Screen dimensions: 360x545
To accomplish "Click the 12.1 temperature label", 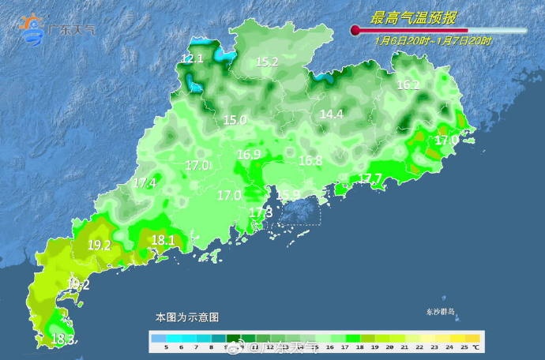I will coord(192,58).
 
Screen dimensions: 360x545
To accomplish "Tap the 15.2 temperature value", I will coord(267,62).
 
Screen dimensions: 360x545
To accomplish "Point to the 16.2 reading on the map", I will coord(408,85).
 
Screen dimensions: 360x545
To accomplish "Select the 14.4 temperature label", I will coord(331,114).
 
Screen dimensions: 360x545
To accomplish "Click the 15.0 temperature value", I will coord(235,121).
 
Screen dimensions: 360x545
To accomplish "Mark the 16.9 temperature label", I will coord(249,155).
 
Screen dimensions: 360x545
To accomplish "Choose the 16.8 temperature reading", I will coord(310,160).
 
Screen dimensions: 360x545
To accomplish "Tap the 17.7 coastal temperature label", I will coord(370,178).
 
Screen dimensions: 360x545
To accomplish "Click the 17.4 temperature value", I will coord(145,183).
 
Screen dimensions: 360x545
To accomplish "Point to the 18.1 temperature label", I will coord(163,240).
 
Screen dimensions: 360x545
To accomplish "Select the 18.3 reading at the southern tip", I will coord(63,340).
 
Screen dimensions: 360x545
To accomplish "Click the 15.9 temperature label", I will coord(288,195).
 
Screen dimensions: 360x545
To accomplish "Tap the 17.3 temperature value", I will coord(261,213).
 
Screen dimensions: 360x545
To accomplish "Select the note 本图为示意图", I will coord(186,317).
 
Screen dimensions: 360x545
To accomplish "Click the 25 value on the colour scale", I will coord(465,347).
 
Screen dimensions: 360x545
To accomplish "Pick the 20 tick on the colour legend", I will coord(389,347).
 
